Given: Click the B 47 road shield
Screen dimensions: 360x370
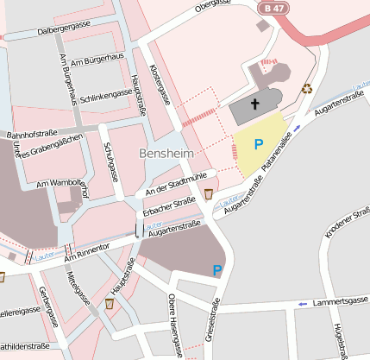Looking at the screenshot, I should coord(273,7).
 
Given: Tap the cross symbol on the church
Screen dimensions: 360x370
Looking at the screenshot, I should coord(255,105).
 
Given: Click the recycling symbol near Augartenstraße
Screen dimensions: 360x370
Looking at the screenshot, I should coord(306,87).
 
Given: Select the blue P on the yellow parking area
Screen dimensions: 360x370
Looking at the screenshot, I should coord(258,144).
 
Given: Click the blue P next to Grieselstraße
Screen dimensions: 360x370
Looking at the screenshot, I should coord(217,270).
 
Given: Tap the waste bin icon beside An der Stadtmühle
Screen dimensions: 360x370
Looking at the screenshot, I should coord(210,193).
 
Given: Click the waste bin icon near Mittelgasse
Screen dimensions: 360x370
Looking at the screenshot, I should coord(110,304).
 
